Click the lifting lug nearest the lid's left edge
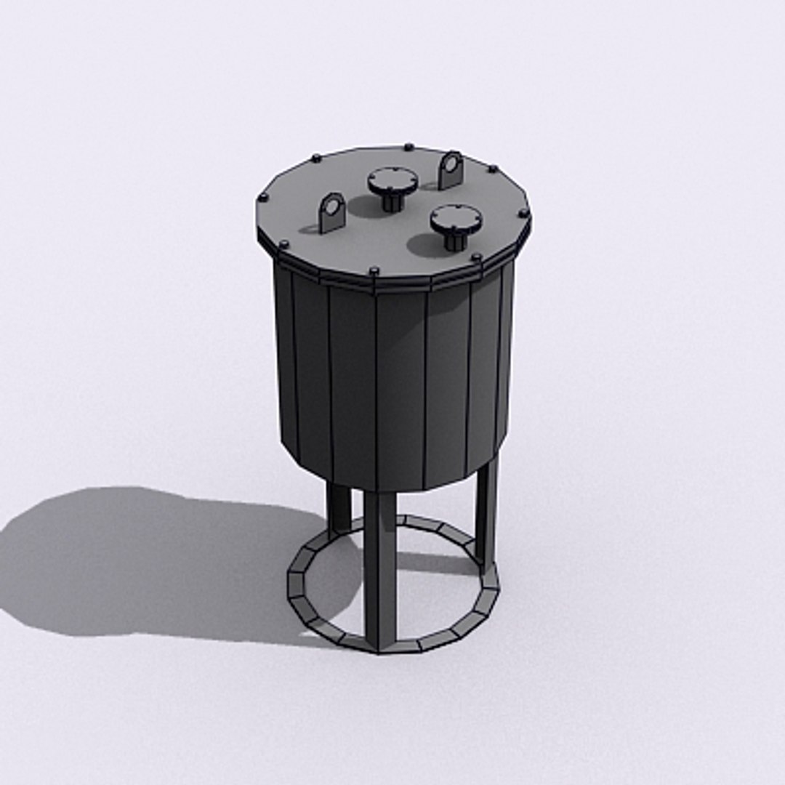331,213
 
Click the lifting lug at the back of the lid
450,170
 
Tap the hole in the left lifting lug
332,208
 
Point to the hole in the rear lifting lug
451,164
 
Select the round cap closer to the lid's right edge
456,218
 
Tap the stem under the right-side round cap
455,239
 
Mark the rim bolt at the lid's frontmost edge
374,271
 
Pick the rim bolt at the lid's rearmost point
408,146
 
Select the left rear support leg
338,509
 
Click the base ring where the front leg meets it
381,645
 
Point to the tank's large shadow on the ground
145,560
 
